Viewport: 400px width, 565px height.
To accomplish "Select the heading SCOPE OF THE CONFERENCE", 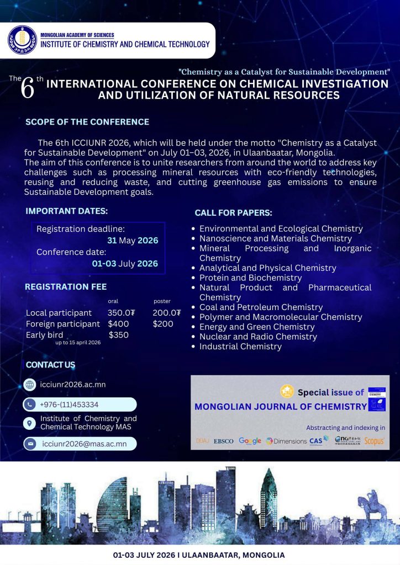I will coord(87,122).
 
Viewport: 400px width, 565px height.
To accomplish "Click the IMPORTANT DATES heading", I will coord(67,211).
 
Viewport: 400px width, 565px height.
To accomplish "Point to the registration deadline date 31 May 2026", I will coord(133,241).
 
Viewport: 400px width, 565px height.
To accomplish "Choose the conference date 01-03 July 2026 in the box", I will coord(125,264).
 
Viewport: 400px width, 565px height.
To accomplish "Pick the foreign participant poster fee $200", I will coord(163,324).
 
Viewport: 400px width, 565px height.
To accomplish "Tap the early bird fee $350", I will coord(119,335).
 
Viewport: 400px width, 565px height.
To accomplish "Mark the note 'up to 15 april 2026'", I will coord(77,343).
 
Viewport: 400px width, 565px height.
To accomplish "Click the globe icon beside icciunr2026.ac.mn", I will coord(30,385).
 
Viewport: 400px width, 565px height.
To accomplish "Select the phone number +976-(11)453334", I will coord(69,404).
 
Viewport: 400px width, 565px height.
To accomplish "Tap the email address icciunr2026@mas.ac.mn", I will coord(85,444).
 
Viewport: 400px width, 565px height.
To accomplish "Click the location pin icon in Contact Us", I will coord(30,423).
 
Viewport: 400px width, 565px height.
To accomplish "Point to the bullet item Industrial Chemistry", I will coord(240,347).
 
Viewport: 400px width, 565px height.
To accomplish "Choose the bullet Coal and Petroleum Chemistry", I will coord(261,307).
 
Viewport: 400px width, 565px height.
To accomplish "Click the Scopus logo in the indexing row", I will coord(375,441).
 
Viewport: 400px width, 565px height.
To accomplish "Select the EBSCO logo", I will coord(223,441).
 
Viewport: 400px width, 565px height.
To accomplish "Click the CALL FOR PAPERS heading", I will coord(233,212).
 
